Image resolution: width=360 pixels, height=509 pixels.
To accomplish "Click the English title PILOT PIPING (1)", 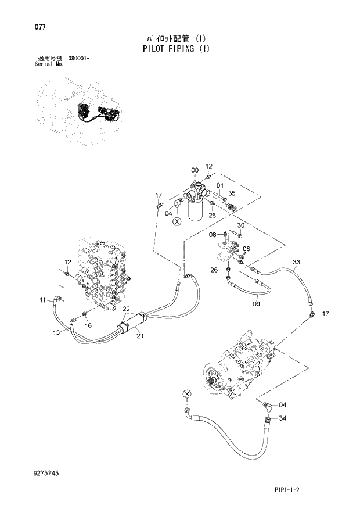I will pyautogui.click(x=175, y=49).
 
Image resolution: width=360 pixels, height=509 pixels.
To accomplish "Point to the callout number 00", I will pyautogui.click(x=195, y=170).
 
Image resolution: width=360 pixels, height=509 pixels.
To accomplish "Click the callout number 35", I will pyautogui.click(x=231, y=193).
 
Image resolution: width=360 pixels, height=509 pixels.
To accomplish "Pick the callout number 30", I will pyautogui.click(x=241, y=225).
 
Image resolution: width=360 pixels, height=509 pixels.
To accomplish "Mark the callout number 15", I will pyautogui.click(x=56, y=332).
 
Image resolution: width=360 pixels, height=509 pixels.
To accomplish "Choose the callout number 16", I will pyautogui.click(x=88, y=325).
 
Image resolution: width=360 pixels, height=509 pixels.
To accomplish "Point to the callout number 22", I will pyautogui.click(x=126, y=309).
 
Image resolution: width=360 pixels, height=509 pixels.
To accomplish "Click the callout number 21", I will pyautogui.click(x=139, y=336).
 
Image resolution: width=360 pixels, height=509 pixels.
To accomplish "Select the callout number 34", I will pyautogui.click(x=283, y=418).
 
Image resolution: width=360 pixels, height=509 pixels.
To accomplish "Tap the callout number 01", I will pyautogui.click(x=220, y=186).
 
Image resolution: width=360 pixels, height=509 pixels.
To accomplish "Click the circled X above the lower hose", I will pyautogui.click(x=186, y=394).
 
